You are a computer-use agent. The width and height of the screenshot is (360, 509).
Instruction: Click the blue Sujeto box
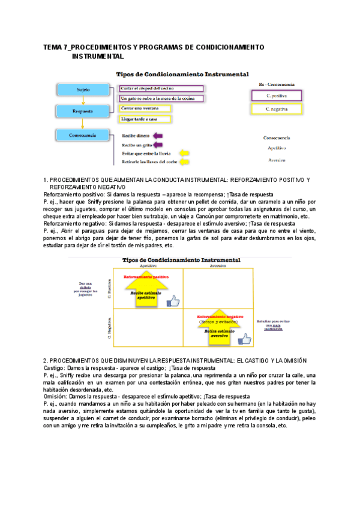[x=83, y=89]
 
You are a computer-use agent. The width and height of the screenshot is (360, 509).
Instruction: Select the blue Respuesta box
[x=83, y=111]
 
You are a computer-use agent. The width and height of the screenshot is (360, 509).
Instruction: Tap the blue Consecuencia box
[x=83, y=135]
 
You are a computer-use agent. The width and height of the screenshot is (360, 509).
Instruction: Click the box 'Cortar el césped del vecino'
[x=161, y=88]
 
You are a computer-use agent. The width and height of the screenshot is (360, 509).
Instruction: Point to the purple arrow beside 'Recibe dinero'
[x=158, y=136]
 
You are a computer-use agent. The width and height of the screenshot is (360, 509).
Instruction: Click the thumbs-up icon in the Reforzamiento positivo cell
[x=173, y=301]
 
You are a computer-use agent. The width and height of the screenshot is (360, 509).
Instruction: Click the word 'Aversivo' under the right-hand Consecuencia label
[x=276, y=160]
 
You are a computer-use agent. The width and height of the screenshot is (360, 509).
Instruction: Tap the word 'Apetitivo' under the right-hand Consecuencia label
[x=276, y=148]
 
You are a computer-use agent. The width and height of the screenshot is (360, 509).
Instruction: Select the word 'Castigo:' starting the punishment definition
[x=55, y=368]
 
